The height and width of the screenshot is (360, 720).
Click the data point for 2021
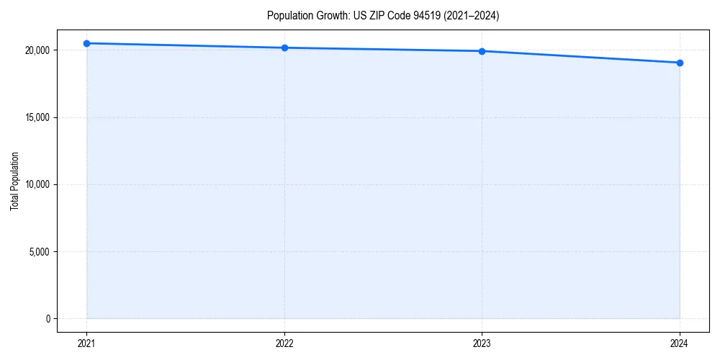[x=86, y=43]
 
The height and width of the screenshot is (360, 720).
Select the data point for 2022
[x=284, y=48]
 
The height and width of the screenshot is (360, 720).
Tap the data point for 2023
[x=482, y=51]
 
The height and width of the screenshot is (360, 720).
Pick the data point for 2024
[x=680, y=63]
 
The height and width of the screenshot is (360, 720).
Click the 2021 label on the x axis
[x=86, y=343]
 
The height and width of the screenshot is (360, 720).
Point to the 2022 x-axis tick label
[x=284, y=343]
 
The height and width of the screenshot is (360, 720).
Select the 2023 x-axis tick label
[x=482, y=343]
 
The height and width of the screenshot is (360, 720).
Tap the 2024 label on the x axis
[x=680, y=343]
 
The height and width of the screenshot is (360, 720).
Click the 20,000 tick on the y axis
[x=36, y=50]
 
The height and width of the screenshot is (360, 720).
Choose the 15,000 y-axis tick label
[x=36, y=117]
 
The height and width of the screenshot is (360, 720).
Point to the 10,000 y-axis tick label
[x=36, y=184]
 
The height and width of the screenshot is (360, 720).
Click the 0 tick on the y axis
[x=47, y=318]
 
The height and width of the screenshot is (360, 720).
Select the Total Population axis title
[x=14, y=181]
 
